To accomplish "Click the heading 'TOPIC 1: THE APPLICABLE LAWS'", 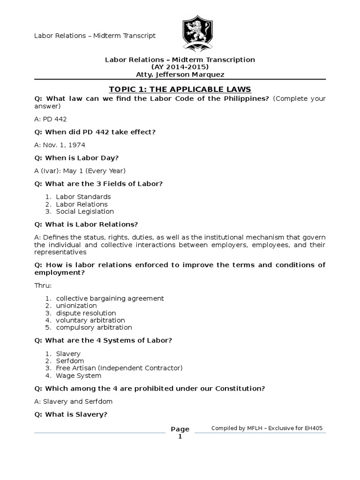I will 180,89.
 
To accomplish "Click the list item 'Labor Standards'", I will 83,197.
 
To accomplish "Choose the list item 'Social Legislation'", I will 84,211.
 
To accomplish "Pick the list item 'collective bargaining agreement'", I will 110,298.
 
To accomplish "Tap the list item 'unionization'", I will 76,306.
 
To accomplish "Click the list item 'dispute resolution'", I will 86,313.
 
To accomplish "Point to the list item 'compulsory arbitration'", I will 94,328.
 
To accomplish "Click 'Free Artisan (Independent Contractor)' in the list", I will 119,368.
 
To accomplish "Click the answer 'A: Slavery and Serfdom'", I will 74,401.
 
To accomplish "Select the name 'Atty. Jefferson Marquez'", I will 180,75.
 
